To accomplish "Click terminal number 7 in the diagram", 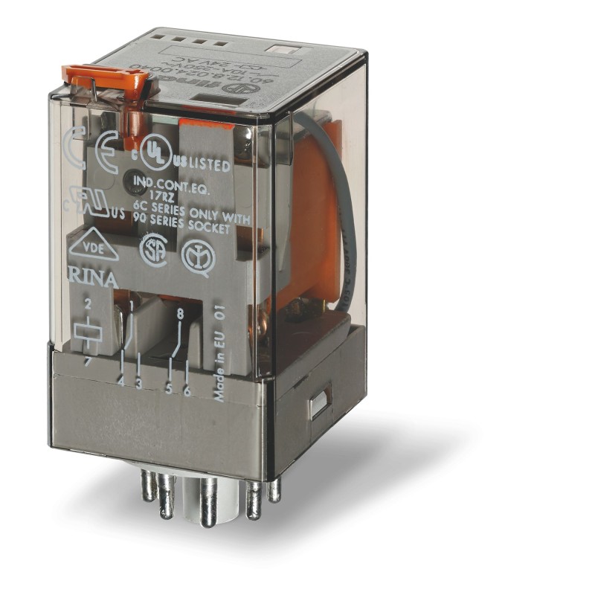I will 88,360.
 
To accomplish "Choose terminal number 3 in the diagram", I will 138,383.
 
